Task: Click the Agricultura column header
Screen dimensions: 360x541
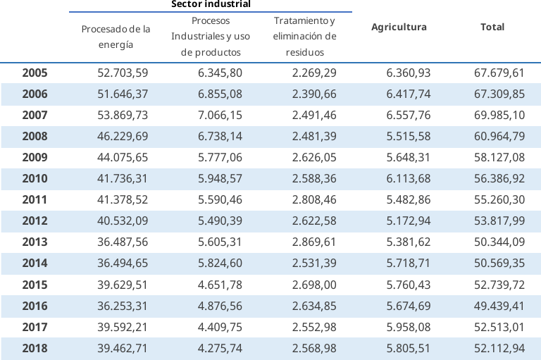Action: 399,27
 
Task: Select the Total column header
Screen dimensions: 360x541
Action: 492,27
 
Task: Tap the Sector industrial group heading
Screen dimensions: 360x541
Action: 211,4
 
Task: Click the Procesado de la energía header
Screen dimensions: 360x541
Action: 116,37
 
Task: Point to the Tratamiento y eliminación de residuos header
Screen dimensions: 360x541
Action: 304,37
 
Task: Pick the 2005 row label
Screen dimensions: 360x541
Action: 35,73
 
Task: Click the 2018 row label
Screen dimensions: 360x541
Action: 35,347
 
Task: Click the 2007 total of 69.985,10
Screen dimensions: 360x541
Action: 499,115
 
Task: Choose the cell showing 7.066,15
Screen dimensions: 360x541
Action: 220,115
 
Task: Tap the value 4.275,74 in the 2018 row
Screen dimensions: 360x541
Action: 220,347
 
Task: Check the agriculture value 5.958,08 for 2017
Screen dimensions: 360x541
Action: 409,326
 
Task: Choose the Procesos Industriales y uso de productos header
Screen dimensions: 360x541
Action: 211,37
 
